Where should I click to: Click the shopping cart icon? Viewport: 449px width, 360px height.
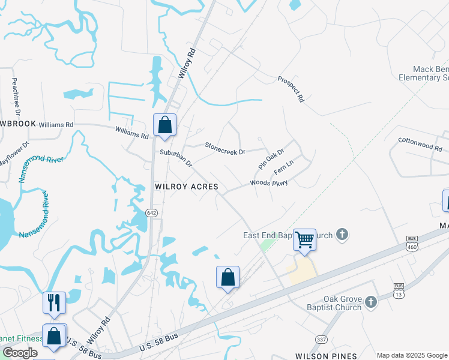305,239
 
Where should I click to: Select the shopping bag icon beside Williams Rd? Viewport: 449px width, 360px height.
164,125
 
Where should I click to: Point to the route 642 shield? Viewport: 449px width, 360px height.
151,213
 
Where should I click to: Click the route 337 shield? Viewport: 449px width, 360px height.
322,340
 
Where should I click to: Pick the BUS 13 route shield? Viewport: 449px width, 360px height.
398,289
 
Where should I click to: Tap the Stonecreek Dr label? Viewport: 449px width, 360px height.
225,148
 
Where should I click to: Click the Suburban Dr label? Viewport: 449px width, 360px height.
176,158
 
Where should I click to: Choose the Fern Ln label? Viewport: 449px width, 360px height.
283,167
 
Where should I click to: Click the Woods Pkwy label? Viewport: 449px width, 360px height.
269,182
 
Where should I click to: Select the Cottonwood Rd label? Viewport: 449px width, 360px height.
420,143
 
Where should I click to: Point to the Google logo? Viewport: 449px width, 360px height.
20,353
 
